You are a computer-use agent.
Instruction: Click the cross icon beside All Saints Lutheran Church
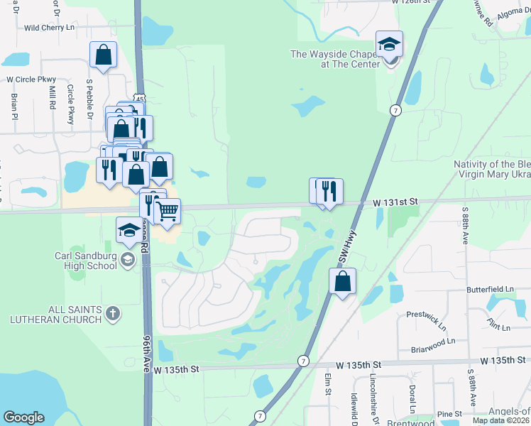(x=112, y=312)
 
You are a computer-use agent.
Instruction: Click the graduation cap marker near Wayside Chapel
(x=389, y=45)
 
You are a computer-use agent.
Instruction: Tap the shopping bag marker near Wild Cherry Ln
(x=103, y=54)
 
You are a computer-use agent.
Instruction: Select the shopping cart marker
(x=167, y=211)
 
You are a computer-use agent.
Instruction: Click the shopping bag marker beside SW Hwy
(x=342, y=281)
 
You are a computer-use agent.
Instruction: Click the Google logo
(x=23, y=417)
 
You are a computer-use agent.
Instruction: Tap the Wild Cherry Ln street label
(x=50, y=28)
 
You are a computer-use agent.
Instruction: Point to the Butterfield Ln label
(x=490, y=290)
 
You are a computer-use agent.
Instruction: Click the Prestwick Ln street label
(x=426, y=313)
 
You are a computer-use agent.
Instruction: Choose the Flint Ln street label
(x=498, y=327)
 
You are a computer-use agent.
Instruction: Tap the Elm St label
(x=328, y=383)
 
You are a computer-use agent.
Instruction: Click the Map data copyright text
(x=500, y=420)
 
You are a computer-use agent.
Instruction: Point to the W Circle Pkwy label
(x=31, y=80)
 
